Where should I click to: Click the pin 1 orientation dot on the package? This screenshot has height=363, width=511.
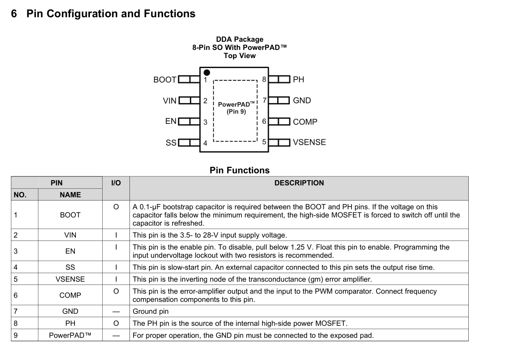pos(207,72)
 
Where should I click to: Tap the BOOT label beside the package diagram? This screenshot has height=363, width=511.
pos(165,80)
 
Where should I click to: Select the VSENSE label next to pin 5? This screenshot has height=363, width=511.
pos(309,142)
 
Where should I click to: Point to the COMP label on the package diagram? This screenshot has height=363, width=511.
pos(305,122)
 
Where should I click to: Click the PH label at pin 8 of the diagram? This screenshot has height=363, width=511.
pos(298,79)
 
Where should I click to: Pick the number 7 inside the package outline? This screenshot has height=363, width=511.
pos(264,100)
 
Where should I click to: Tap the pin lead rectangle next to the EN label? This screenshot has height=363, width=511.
pos(189,122)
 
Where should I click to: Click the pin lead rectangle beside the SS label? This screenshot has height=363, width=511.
pos(189,143)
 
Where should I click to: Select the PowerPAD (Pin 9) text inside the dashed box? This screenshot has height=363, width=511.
pos(236,108)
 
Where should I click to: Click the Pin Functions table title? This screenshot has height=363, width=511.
pos(239,170)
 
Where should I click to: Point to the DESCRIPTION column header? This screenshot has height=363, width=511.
pos(299,183)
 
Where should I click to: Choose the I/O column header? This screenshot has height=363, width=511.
pos(116,183)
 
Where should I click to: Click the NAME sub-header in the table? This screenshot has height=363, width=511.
pos(70,195)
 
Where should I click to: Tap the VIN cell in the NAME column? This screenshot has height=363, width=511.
pos(70,235)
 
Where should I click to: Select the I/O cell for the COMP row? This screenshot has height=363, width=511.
pos(116,291)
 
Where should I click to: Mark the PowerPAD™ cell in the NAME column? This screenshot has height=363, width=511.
pos(70,336)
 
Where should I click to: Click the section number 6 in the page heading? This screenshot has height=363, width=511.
pos(14,14)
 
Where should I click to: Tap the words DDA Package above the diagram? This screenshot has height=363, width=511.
pos(239,39)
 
